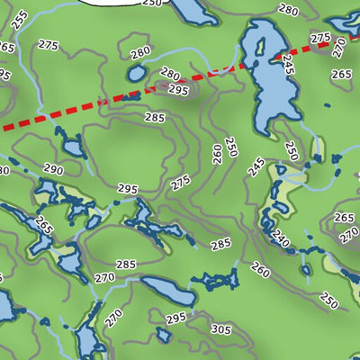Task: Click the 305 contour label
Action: (220, 330)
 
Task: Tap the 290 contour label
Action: (52, 169)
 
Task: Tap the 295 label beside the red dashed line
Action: (177, 89)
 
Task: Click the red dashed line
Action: (72, 112)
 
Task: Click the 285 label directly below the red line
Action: (155, 117)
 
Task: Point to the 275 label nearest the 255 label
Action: (49, 45)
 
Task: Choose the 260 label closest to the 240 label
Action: (260, 269)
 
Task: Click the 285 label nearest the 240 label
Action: (220, 244)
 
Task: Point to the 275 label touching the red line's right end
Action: (319, 39)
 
